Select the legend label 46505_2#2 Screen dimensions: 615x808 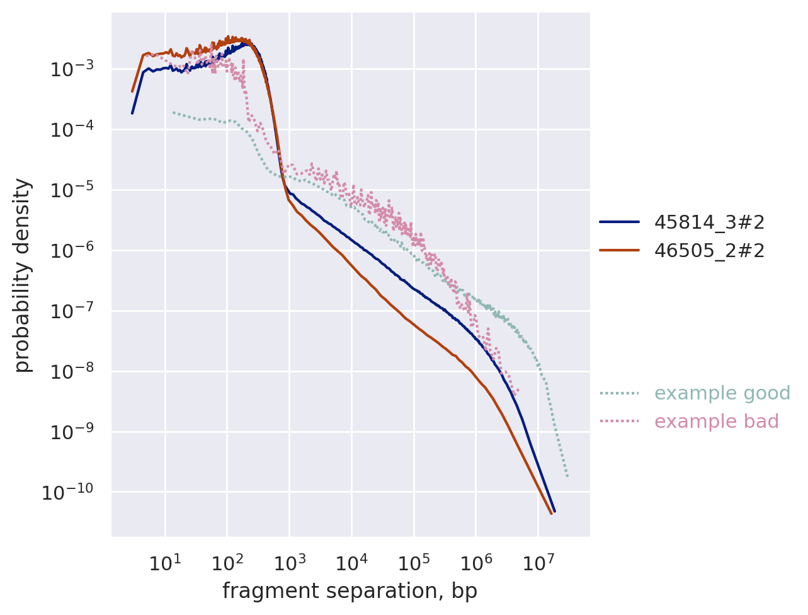[709, 251]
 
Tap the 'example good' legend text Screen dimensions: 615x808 [722, 393]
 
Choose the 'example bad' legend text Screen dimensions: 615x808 [717, 422]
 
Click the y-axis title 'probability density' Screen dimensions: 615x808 [23, 275]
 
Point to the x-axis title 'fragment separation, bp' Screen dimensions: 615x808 [350, 591]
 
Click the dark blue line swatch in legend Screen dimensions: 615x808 [619, 222]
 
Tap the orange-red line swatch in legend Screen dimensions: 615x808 [619, 251]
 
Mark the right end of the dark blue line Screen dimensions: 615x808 [554, 511]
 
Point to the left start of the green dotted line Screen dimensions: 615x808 [173, 112]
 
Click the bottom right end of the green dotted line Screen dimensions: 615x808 [567, 476]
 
